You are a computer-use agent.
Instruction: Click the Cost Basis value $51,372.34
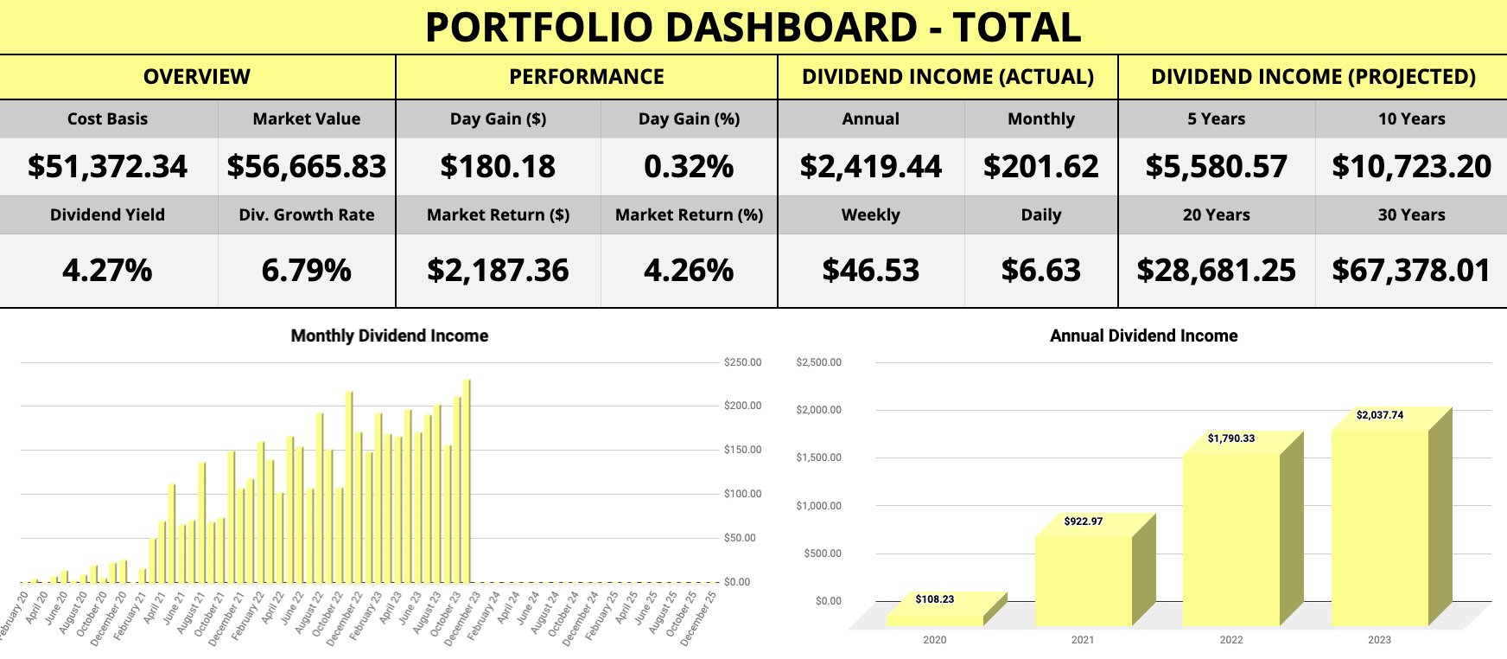click(x=107, y=167)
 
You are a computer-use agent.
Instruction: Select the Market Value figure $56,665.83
click(x=307, y=167)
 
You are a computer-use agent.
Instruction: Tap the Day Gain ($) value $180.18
click(x=498, y=167)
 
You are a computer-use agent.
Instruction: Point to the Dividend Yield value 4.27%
click(x=107, y=271)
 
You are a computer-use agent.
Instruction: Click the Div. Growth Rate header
click(x=307, y=215)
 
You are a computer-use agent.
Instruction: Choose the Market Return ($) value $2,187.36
click(x=498, y=271)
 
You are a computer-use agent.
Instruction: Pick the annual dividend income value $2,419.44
click(x=870, y=167)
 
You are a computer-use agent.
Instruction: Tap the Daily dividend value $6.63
click(x=1040, y=271)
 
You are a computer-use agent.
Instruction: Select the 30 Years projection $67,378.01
click(x=1411, y=271)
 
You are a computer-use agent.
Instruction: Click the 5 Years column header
click(x=1216, y=119)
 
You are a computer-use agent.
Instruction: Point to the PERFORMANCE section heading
click(x=587, y=77)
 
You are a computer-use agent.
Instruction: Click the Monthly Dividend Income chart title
click(x=389, y=336)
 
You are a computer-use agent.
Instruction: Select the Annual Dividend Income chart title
click(x=1143, y=336)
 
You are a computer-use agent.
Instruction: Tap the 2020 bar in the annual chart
click(x=935, y=618)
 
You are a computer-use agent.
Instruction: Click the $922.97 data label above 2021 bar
click(x=1083, y=521)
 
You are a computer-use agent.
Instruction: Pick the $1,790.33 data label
click(x=1231, y=438)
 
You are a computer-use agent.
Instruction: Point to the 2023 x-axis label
click(x=1379, y=640)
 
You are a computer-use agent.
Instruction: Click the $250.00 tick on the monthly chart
click(x=743, y=362)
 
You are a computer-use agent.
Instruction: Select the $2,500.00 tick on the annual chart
click(x=818, y=362)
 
